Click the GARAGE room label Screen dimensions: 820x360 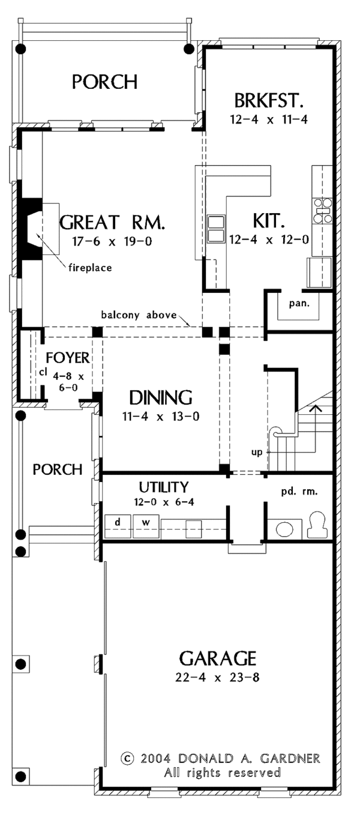(218, 659)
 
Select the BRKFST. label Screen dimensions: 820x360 (268, 99)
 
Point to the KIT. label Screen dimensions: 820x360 (268, 221)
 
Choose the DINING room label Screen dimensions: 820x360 (161, 397)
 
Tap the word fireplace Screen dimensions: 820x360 (89, 268)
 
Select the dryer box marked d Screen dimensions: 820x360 (118, 522)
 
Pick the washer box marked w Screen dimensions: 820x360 (145, 522)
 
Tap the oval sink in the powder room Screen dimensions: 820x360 (284, 529)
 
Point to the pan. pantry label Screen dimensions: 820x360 (299, 303)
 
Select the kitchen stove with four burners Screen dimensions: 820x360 (323, 211)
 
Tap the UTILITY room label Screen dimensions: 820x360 (164, 487)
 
